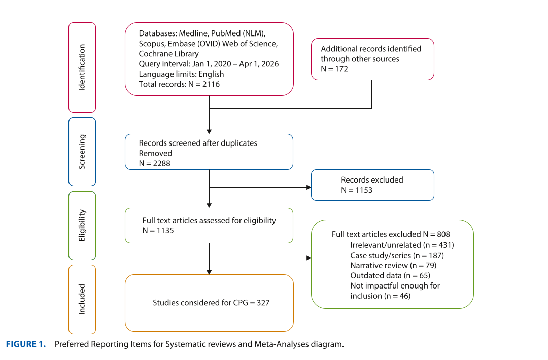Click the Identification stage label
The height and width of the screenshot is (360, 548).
[82, 67]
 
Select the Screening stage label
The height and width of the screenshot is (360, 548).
[82, 152]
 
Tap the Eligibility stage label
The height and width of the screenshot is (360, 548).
[82, 226]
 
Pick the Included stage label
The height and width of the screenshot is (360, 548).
[82, 299]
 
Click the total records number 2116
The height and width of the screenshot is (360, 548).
[211, 84]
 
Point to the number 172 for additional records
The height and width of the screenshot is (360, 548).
[341, 69]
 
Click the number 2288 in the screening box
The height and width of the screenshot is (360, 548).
[161, 163]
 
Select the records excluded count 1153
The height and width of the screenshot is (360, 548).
[364, 190]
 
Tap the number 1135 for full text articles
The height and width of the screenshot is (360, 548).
[165, 231]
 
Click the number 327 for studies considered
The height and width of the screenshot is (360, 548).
[263, 303]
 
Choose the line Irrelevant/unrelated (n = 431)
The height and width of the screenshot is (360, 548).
[402, 245]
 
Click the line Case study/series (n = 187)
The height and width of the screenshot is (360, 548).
[397, 255]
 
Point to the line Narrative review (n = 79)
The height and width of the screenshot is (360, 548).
[394, 265]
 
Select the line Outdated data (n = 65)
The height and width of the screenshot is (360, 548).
[390, 275]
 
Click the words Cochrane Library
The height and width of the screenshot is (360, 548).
[169, 54]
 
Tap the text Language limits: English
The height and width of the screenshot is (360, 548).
[181, 74]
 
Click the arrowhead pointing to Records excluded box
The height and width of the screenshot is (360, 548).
[309, 187]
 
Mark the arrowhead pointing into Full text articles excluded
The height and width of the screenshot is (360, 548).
[309, 258]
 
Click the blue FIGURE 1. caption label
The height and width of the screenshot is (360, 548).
[26, 344]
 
